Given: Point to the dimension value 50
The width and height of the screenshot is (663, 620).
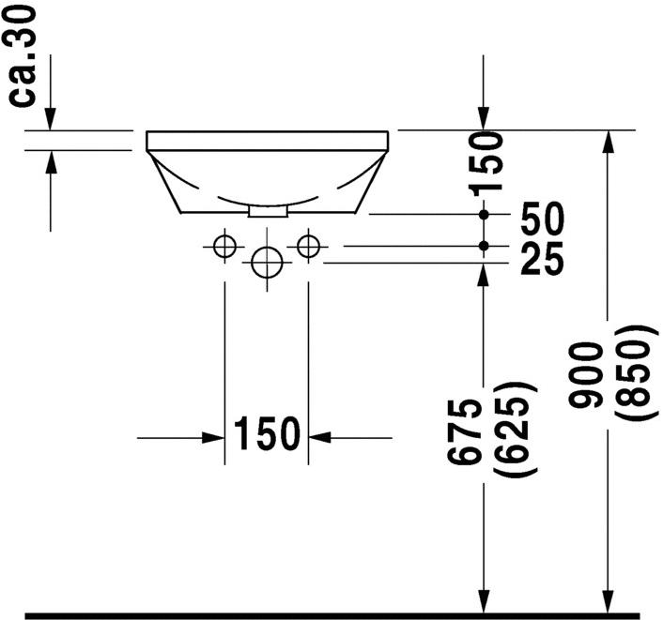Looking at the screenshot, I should [x=543, y=220].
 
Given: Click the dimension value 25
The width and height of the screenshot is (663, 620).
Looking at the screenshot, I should [x=542, y=260].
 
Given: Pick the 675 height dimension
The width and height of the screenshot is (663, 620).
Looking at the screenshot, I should [x=467, y=430].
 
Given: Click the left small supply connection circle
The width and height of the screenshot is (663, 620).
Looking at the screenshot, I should [x=224, y=246].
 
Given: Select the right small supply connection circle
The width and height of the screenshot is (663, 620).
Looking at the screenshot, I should [x=308, y=246].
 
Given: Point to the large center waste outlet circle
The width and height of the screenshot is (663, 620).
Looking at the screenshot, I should [x=267, y=262].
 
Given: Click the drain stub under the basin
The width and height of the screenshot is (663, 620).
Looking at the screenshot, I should [x=267, y=211].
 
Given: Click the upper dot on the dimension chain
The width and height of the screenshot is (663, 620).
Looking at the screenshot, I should [x=484, y=215].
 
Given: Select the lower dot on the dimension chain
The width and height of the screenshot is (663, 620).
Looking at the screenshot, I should [x=484, y=246].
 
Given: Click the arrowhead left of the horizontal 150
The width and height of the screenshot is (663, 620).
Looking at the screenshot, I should [x=214, y=437].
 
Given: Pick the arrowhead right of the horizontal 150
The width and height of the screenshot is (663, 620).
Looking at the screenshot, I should [x=319, y=437].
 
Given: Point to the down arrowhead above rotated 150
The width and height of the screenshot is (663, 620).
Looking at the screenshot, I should [x=484, y=120].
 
